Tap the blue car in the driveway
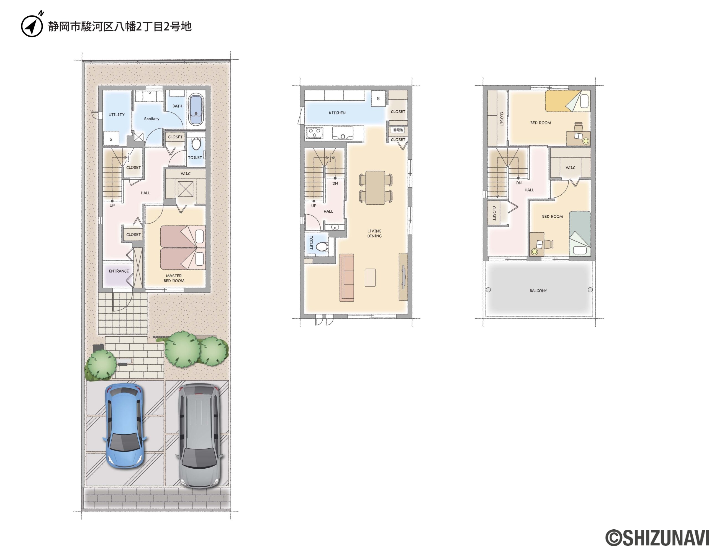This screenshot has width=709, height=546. coord(125,425)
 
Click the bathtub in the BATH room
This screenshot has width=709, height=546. coord(196,109)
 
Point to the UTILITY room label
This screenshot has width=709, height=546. coord(117,115)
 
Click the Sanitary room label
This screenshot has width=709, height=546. coord(151,119)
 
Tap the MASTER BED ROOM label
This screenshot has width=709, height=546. coord(174,278)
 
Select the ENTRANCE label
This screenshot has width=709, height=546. coord(119,271)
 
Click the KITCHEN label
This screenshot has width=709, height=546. coord(337,113)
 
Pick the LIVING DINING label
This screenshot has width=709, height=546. coord(374,233)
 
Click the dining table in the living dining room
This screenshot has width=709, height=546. coord(376,187)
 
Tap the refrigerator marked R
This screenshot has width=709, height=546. coord(378,98)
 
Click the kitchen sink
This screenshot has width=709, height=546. coord(343,133)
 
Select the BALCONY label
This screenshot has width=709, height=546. coord(538,291)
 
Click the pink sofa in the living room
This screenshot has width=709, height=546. coord(347,278)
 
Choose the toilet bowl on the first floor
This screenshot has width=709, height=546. coord(196,144)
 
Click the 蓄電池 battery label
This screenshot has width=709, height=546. coord(398,130)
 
